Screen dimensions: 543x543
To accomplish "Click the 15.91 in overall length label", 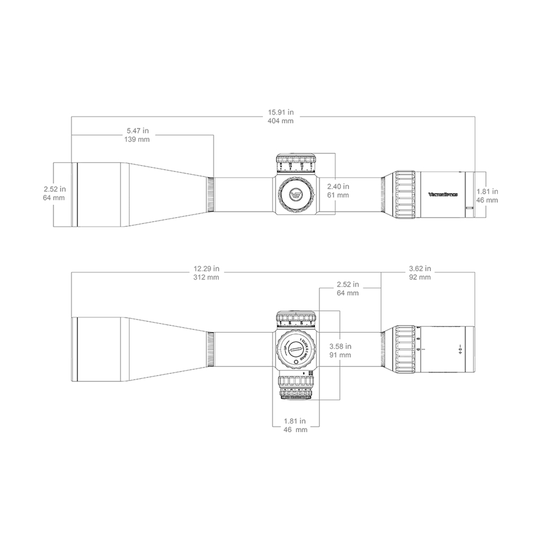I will tap(280, 112).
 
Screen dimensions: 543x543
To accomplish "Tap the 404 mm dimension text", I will tap(280, 121).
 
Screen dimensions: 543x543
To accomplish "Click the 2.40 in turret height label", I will tap(338, 186).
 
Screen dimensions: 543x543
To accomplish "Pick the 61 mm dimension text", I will tap(338, 195).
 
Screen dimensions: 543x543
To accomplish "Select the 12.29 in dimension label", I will tap(206, 268).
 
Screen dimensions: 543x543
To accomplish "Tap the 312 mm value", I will tap(206, 277).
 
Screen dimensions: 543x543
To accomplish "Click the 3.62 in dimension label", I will tap(420, 268).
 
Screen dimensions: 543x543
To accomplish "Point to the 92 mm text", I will tap(420, 277).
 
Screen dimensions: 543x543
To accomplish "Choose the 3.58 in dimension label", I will tap(340, 346).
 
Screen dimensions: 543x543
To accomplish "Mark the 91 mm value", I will tap(340, 355).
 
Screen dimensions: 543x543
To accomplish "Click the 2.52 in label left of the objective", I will tap(54, 189).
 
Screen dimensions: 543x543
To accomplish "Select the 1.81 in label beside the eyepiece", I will tap(487, 191).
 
